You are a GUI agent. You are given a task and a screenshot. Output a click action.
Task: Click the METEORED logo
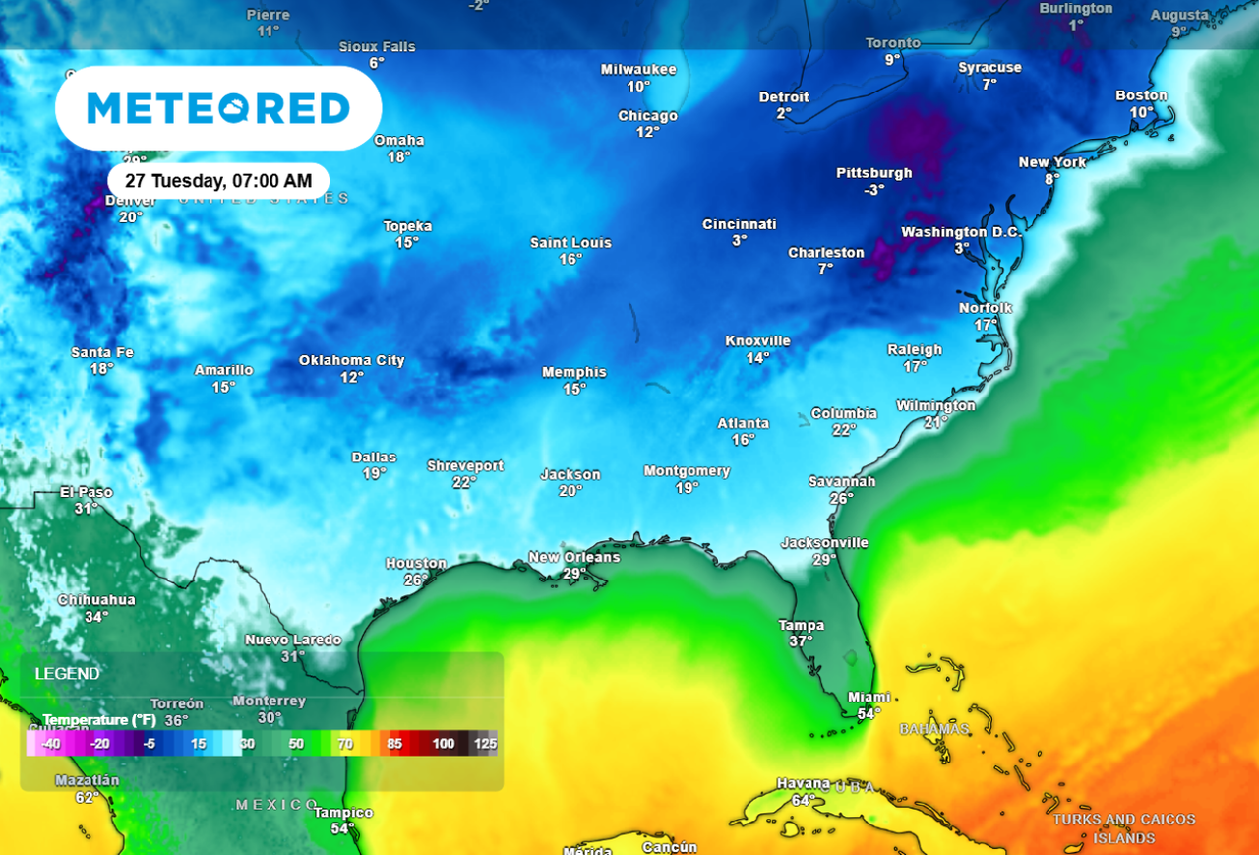point(218,108)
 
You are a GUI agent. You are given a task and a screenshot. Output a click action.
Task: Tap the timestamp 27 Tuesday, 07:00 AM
point(218,181)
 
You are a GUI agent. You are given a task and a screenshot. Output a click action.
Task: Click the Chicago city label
point(647,116)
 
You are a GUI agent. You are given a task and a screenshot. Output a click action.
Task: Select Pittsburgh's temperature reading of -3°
point(873,190)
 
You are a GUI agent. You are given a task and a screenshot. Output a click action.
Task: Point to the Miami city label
point(869,697)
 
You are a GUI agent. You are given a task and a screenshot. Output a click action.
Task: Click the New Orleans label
point(574,557)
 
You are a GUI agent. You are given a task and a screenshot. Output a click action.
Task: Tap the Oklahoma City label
point(351,360)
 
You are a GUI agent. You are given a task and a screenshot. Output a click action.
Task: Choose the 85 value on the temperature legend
point(394,744)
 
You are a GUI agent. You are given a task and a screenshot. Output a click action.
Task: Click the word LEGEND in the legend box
point(67,674)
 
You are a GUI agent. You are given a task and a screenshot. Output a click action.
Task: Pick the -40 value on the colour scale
point(51,744)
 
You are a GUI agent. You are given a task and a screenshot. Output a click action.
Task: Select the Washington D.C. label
point(962,232)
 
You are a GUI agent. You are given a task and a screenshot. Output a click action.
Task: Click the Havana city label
point(803,783)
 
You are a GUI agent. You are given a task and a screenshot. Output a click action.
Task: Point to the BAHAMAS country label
point(933,729)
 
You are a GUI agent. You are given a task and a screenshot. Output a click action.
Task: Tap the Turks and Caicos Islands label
point(1123,828)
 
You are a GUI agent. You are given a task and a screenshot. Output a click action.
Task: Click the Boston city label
point(1141,95)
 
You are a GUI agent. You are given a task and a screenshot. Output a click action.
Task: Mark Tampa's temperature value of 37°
point(801,641)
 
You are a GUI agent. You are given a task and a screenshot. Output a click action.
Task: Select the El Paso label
point(87,492)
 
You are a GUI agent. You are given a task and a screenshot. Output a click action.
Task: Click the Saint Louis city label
point(570,242)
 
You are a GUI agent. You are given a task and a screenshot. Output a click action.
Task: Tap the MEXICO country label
point(277,805)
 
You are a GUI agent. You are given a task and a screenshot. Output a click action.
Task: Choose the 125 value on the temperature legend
point(485,744)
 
